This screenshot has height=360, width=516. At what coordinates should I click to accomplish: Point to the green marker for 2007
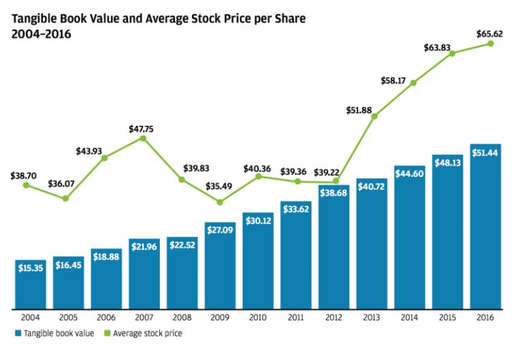(143, 138)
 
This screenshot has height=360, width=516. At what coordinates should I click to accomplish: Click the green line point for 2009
(219, 202)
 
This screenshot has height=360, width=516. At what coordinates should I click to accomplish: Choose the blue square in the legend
(14, 334)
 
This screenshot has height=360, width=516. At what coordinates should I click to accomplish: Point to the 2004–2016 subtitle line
(40, 33)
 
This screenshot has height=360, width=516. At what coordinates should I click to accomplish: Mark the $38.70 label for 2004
(25, 176)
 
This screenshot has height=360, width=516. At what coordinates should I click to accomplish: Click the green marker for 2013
(375, 117)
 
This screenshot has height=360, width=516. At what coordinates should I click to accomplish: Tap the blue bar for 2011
(297, 254)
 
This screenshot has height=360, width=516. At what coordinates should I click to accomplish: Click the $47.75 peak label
(143, 128)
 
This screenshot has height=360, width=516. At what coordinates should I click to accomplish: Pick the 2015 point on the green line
(451, 53)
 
